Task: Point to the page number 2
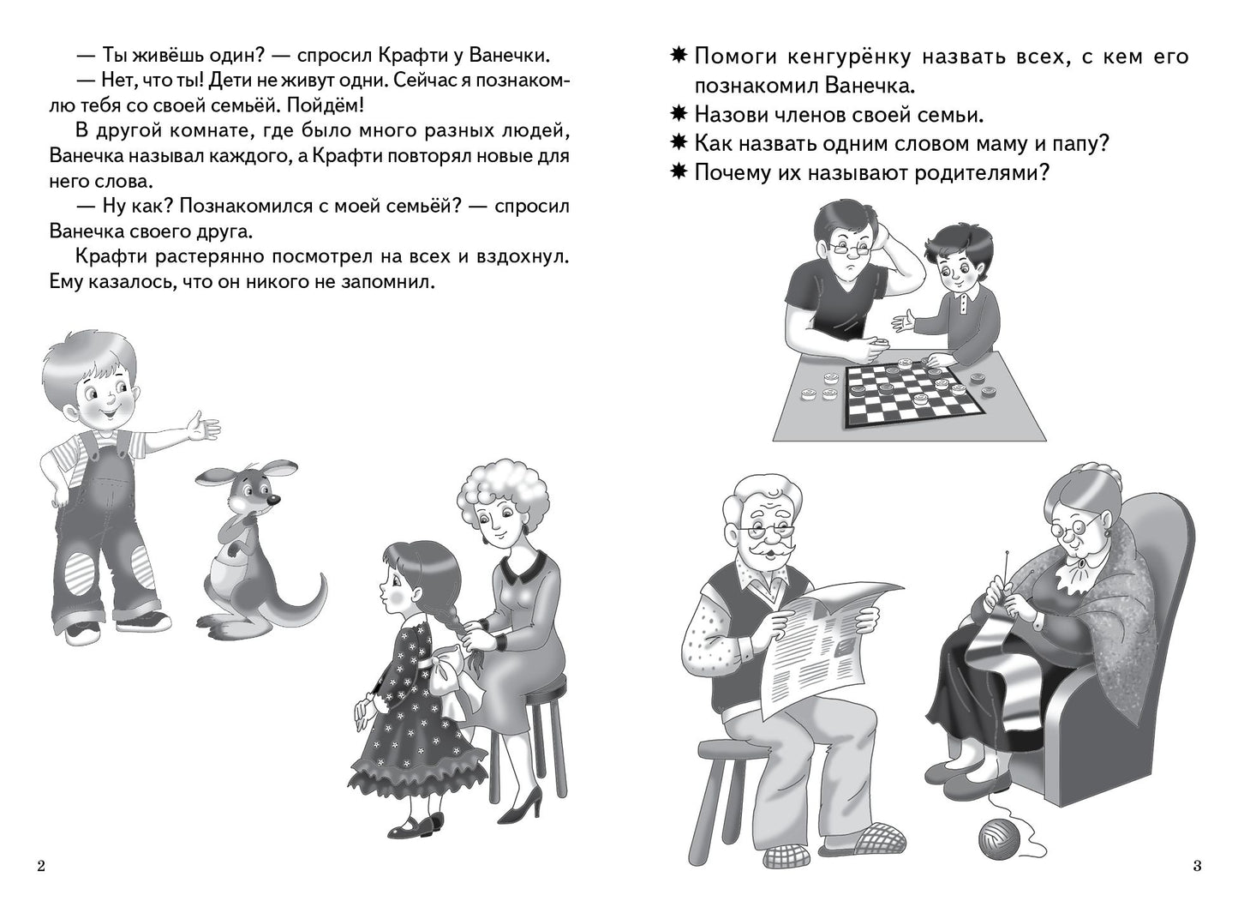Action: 40,866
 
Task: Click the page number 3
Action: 1196,866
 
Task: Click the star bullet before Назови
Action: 679,115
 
